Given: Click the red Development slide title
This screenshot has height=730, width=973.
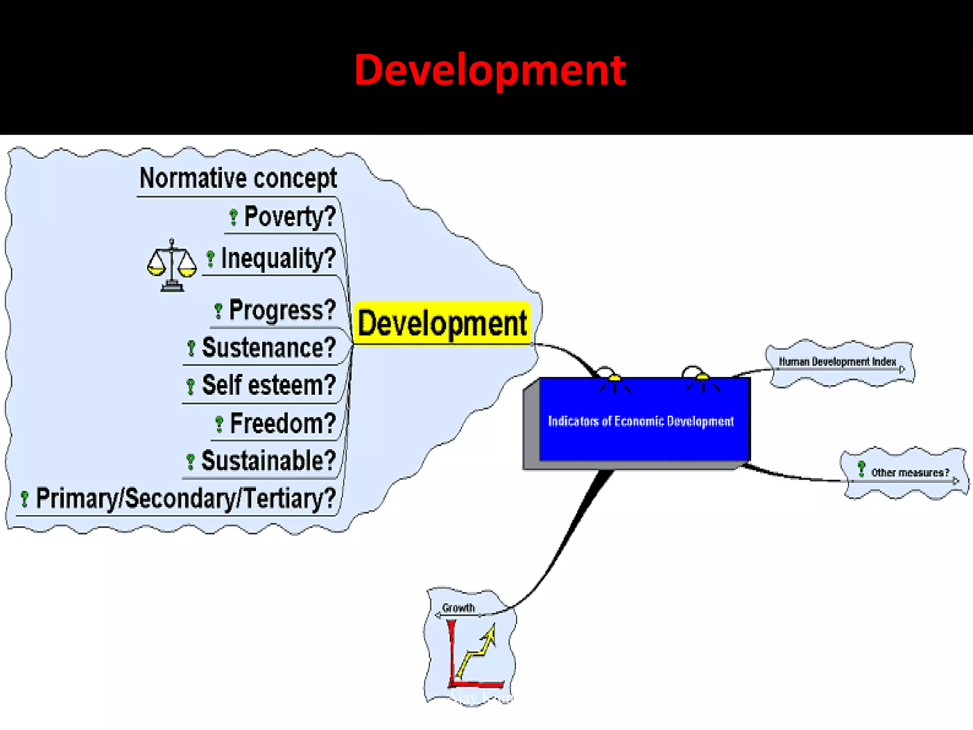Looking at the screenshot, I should (490, 70).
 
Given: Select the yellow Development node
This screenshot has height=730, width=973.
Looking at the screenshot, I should (442, 323).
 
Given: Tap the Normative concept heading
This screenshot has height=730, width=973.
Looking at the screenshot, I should (238, 179).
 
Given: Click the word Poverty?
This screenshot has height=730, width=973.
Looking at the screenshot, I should (290, 217).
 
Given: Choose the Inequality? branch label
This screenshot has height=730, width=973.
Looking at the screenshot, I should (278, 259).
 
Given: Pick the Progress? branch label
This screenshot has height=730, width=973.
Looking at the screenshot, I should (282, 310).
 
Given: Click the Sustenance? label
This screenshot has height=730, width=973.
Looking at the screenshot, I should (269, 347).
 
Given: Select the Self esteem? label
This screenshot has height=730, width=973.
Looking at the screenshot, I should (269, 385).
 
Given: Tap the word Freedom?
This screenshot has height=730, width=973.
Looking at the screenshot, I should (283, 423).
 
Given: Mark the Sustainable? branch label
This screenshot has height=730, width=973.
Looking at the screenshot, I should (268, 461).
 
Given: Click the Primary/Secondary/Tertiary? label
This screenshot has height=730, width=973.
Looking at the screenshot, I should (186, 499).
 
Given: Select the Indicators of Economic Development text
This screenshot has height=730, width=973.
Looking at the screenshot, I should (641, 421).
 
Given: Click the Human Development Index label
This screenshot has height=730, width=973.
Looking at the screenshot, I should (837, 362).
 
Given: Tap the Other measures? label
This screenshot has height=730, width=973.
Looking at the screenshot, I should (910, 472).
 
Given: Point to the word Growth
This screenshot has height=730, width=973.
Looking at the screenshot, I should (458, 608).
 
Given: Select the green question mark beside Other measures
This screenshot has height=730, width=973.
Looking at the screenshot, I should (861, 469).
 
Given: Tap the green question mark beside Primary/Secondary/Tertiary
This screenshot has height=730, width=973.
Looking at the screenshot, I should (25, 499).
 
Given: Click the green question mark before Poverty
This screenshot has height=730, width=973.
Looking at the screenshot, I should (233, 217).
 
